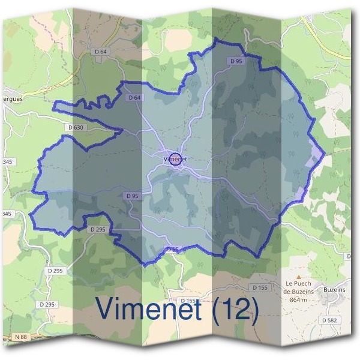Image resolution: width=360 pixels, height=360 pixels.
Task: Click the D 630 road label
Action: pos(76,127)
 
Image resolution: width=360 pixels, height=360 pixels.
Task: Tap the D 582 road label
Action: pos(329,320)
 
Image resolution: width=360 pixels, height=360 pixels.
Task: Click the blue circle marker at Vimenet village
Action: pos(175,159)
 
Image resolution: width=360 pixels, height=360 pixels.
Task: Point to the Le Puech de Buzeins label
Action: pos(298,287)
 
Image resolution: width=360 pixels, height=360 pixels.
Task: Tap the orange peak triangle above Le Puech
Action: pos(299,277)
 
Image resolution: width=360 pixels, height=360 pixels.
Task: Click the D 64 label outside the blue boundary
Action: pos(101,52)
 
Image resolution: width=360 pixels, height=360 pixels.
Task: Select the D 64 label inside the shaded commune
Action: pos(133,97)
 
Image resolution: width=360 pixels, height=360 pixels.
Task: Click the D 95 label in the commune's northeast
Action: pos(236,61)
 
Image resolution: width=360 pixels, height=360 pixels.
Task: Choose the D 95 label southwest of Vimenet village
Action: pos(132,196)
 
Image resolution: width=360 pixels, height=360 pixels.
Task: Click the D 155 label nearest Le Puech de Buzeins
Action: pos(260,288)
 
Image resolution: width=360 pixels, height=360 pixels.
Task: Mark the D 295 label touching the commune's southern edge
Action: pos(97,229)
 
